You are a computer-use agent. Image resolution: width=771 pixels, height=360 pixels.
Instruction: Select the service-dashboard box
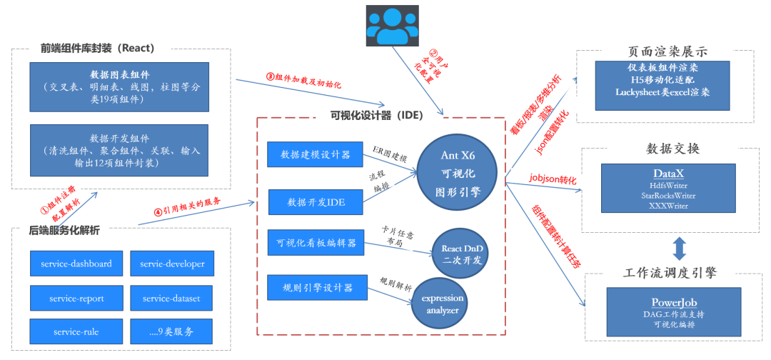[x=76, y=264]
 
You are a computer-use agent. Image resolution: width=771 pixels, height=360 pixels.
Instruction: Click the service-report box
[x=76, y=298]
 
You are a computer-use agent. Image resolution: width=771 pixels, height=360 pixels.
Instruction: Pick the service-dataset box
[x=172, y=298]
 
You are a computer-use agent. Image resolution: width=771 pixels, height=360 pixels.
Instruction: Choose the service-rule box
[x=76, y=331]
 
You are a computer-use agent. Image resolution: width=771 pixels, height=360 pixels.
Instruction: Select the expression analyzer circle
[x=442, y=304]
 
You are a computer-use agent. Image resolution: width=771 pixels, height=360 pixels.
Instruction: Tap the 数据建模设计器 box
[x=315, y=155]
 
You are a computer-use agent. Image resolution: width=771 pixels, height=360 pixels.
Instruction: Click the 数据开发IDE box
[x=315, y=202]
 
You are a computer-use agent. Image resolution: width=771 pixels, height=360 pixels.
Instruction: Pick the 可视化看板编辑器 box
[x=315, y=243]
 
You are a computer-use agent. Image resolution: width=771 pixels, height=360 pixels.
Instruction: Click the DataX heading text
[x=668, y=174]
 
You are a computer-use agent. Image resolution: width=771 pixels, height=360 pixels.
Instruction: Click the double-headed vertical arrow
[x=679, y=248]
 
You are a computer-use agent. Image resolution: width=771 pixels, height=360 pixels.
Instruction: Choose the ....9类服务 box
[x=172, y=331]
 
